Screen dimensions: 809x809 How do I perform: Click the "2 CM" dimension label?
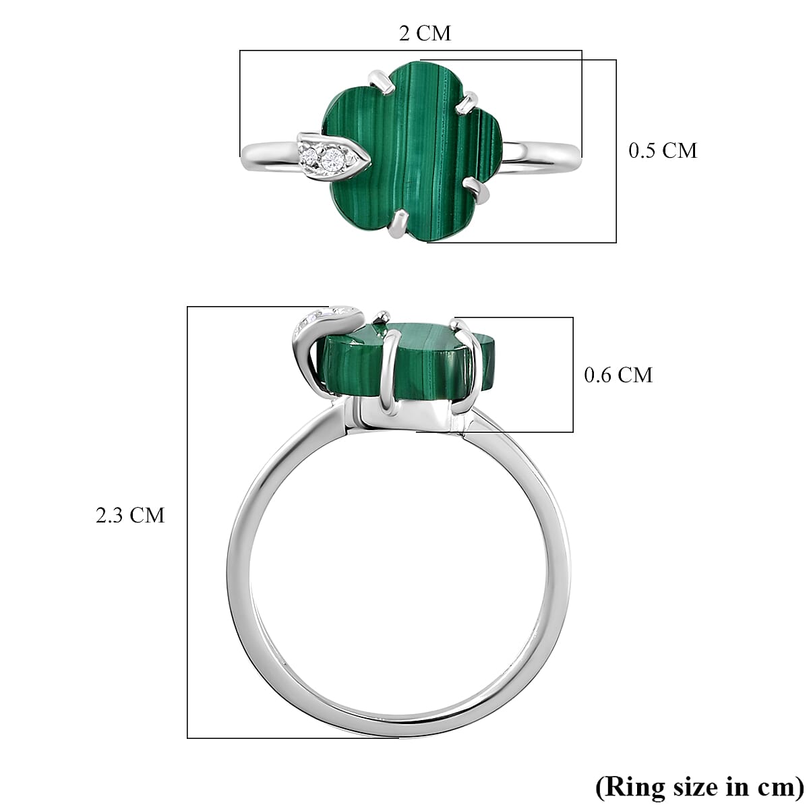point(425,33)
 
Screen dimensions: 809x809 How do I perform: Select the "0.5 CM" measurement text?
point(662,150)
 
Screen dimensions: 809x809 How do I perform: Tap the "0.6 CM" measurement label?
point(618,375)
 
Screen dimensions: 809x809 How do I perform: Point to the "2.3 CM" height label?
point(129,516)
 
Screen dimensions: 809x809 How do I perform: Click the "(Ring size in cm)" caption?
point(698,787)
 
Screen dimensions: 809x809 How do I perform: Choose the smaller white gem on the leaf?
point(310,156)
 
